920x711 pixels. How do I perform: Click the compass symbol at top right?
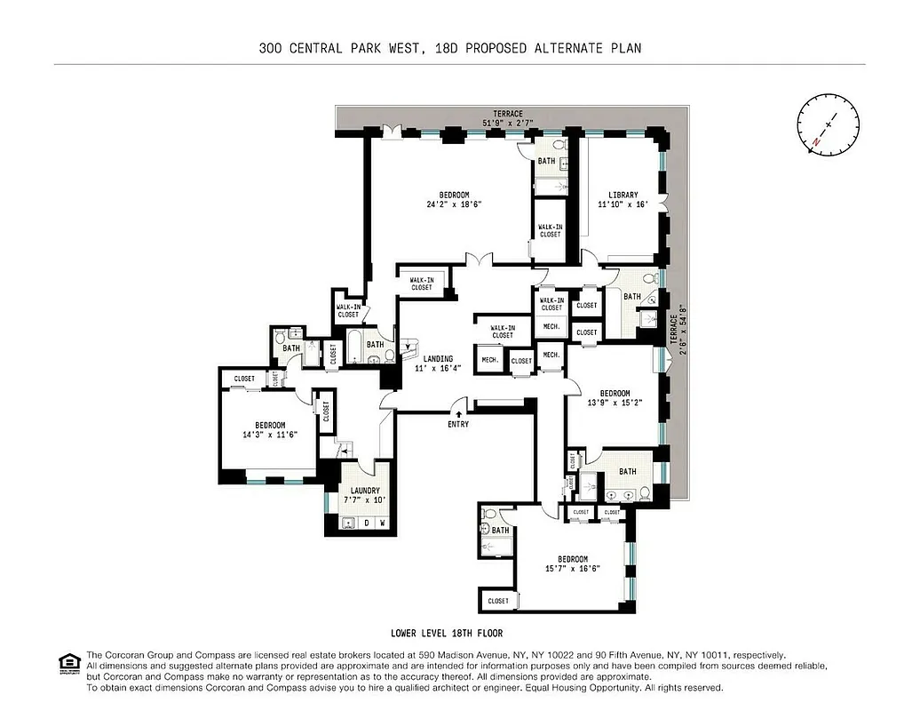tap(829, 127)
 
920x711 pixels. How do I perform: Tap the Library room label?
tap(623, 200)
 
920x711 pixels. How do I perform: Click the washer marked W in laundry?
tap(382, 523)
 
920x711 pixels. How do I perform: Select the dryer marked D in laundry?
tap(367, 523)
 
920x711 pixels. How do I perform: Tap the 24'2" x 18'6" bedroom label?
tap(454, 200)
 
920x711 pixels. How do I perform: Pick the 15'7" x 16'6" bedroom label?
tap(573, 563)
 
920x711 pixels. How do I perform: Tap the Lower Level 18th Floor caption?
tap(447, 634)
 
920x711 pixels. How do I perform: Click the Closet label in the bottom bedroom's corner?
tap(498, 601)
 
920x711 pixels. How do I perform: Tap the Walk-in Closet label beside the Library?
tap(550, 230)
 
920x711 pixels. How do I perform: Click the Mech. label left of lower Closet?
tap(488, 360)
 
